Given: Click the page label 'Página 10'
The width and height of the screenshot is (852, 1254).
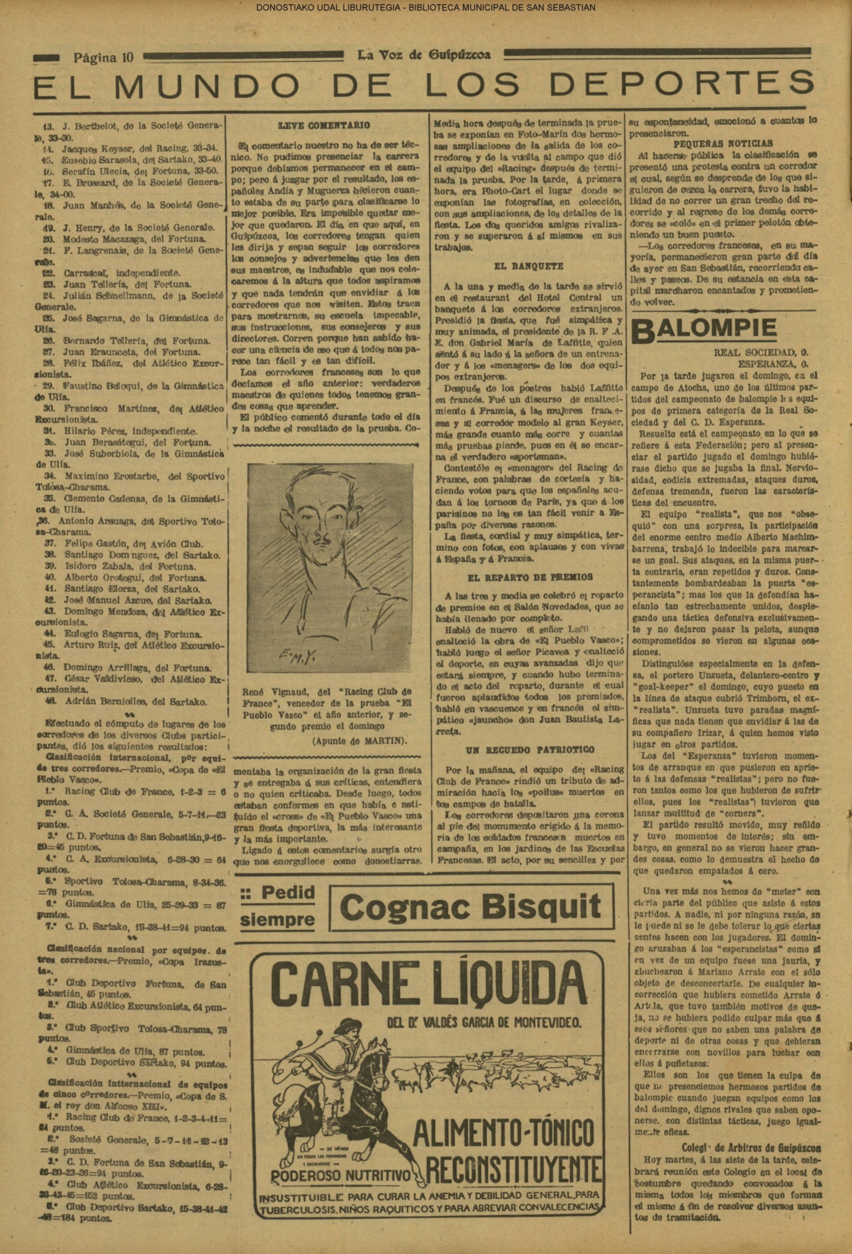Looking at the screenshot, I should coord(103,57).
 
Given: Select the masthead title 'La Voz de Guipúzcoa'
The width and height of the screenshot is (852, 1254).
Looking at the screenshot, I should coord(424,55).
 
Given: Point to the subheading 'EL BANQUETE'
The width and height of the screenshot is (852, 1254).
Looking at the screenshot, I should coord(529,266).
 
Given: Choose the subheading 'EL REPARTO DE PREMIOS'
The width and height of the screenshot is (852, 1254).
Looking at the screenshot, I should coord(529,577).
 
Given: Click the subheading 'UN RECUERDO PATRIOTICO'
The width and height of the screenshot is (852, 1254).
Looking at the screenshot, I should coord(530,750).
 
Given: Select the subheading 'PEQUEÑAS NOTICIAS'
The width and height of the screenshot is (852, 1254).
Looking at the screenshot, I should coord(723,144).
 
